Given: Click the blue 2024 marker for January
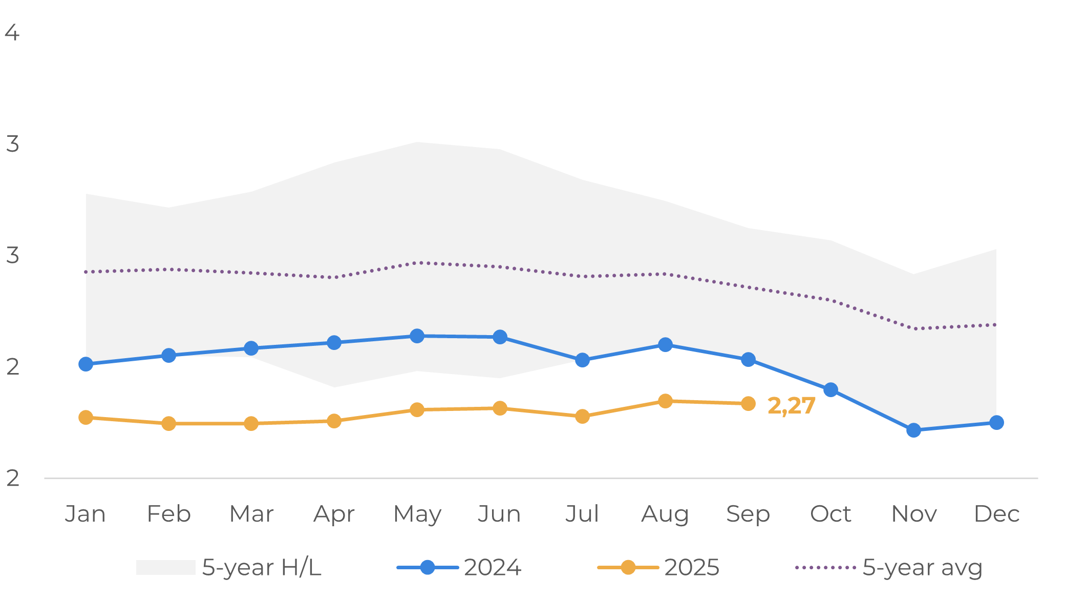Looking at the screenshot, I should coord(86,364).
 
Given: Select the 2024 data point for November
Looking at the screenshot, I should coord(913,430).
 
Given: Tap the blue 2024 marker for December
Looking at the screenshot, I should coord(996,423).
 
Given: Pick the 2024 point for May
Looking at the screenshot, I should coord(417,336).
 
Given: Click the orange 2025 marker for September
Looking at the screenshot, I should coord(748,404).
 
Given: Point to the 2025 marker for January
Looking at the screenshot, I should coord(86,418).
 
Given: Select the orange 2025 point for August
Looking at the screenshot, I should coord(665,401).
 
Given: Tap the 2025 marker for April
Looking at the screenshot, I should coord(334,421).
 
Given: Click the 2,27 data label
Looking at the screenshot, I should coord(791,406).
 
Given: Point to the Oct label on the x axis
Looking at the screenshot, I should coord(830,513).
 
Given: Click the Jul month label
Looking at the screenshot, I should coord(582,513).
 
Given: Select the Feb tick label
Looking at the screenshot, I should coord(168,513).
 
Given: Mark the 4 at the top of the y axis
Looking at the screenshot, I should coord(12,32).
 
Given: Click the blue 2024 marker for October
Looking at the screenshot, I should coord(830,390).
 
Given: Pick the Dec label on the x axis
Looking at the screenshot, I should coord(996,513).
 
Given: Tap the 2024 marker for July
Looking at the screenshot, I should coord(582,360).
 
